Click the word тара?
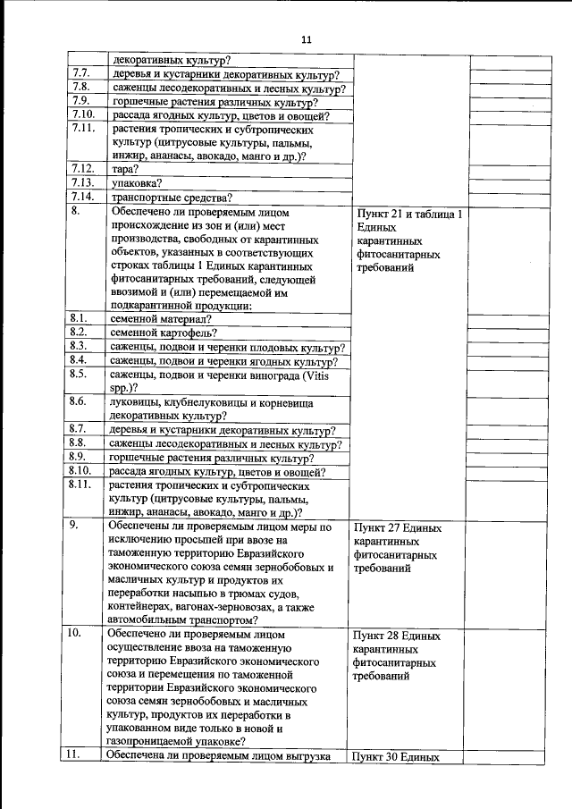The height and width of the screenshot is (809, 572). tap(122, 168)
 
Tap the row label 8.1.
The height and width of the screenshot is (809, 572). tap(78, 317)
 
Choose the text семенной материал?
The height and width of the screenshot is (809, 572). tap(161, 318)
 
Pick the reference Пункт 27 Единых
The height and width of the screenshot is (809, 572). tap(398, 527)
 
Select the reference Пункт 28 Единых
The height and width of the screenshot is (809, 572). tap(398, 636)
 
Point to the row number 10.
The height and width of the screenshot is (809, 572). tap(75, 633)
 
